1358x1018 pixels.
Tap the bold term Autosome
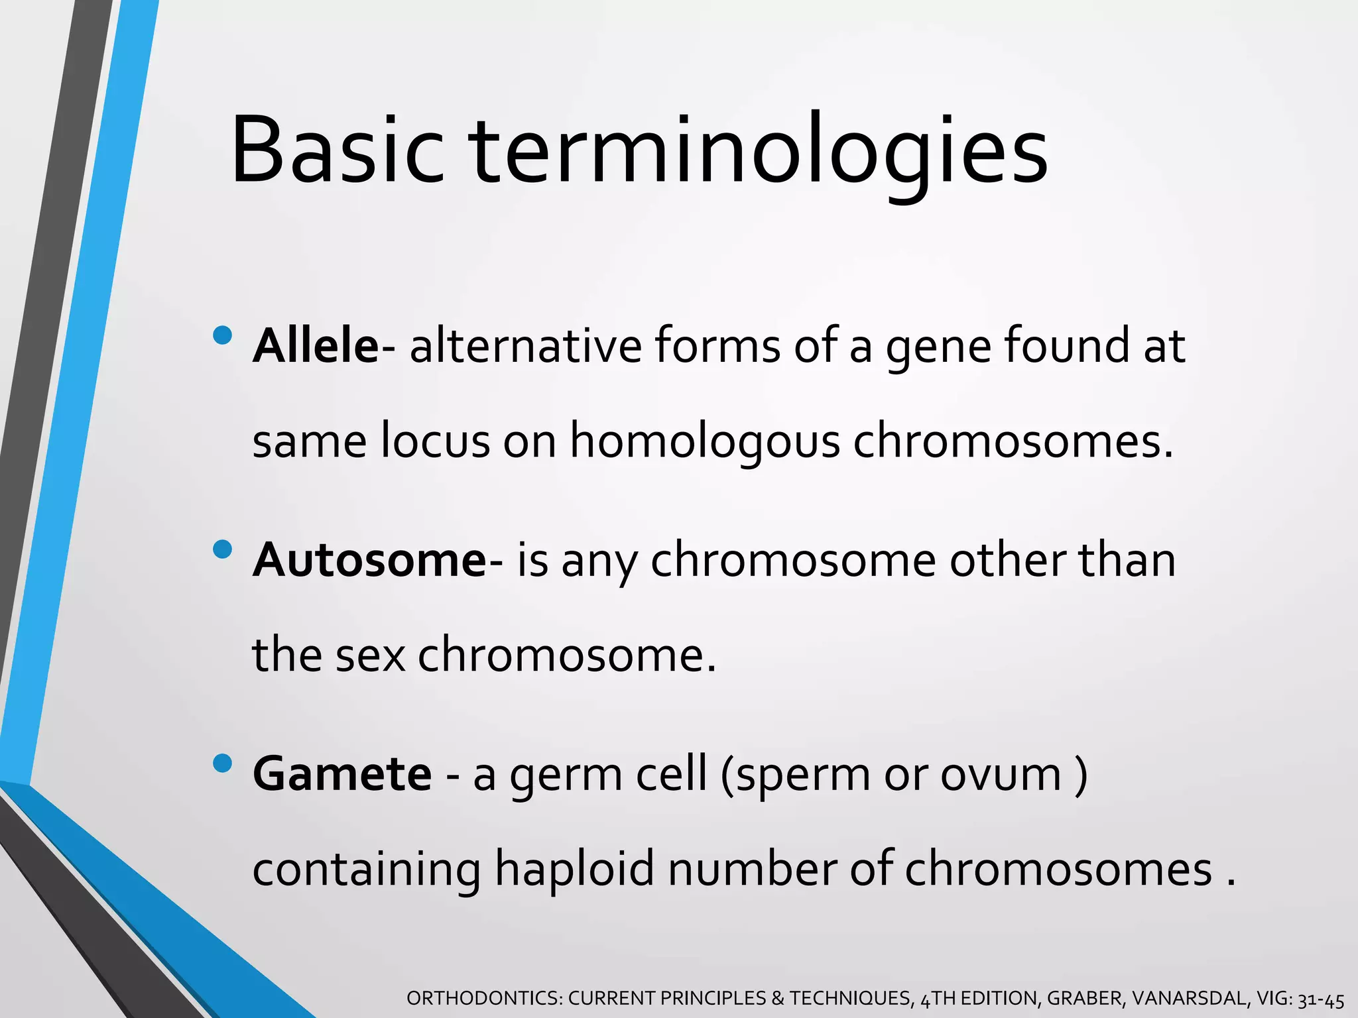(370, 560)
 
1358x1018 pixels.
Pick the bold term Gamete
(342, 774)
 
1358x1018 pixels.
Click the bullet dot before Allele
(223, 335)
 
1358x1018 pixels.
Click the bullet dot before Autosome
(223, 549)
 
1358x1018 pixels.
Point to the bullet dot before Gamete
(223, 764)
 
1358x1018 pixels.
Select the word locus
(435, 442)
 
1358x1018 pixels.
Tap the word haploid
(575, 870)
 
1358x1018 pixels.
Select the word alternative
(525, 346)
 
